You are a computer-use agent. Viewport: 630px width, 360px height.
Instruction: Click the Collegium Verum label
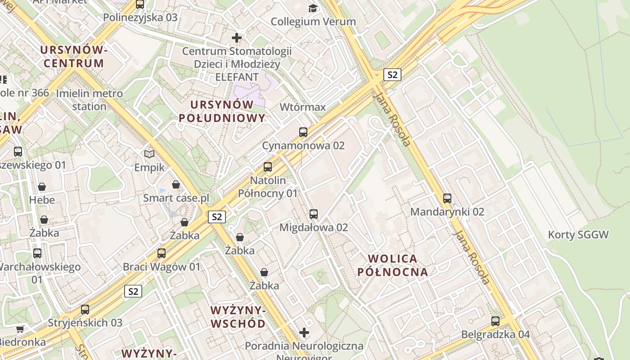click(313, 22)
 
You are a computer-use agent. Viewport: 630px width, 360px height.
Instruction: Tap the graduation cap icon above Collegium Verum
click(313, 8)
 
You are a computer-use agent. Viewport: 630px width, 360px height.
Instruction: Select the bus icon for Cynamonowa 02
click(303, 132)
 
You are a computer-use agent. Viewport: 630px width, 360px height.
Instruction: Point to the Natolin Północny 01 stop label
click(268, 187)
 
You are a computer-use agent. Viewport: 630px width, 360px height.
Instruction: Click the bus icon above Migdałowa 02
click(314, 214)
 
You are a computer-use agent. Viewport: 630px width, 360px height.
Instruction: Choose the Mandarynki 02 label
click(447, 211)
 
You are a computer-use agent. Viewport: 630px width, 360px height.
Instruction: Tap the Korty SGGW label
click(578, 234)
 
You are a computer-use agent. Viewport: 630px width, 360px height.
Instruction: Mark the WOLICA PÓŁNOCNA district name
click(392, 265)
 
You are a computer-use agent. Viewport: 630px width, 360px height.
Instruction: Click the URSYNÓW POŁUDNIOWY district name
click(222, 111)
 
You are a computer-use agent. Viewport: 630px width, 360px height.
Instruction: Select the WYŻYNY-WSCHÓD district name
click(238, 317)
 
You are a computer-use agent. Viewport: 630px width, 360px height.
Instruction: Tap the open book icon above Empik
click(149, 154)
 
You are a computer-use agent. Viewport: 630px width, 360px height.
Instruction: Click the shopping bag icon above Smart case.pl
click(176, 184)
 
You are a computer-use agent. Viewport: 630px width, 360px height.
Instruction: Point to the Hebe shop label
click(42, 200)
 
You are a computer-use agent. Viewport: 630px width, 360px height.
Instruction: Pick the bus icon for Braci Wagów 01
click(162, 253)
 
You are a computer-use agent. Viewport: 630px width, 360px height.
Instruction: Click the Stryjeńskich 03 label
click(85, 323)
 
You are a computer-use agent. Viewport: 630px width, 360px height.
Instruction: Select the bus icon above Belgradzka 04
click(495, 321)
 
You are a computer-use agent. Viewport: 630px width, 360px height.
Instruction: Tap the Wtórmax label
click(302, 107)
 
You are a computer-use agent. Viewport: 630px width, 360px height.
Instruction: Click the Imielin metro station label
click(89, 100)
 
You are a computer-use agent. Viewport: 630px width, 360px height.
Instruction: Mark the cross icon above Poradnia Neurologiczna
click(304, 333)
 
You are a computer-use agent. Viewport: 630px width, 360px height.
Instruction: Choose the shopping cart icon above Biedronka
click(20, 329)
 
